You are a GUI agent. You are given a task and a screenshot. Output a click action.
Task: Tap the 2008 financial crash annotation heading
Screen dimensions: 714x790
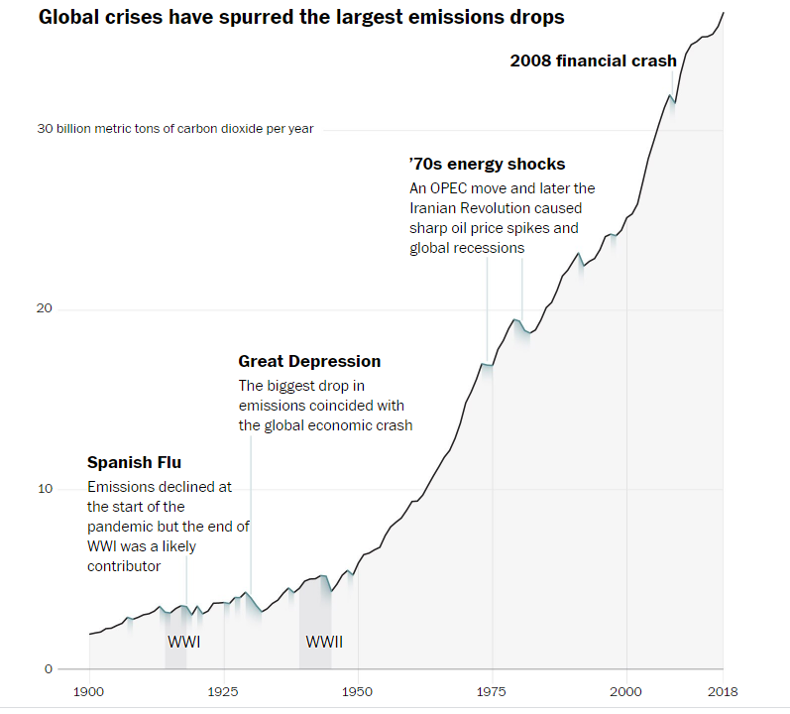[593, 60]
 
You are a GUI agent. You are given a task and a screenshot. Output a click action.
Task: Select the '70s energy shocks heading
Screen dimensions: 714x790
[487, 164]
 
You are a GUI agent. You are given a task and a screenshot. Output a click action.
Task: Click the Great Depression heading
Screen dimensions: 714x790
[309, 361]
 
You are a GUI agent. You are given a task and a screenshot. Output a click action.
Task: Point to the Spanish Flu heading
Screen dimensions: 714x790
[134, 462]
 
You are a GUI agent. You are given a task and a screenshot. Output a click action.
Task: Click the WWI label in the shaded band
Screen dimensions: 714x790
[183, 642]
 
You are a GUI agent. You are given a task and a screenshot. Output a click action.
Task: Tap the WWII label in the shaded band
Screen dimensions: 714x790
[324, 642]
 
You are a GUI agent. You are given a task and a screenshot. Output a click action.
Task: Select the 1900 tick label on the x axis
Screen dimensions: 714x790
[89, 691]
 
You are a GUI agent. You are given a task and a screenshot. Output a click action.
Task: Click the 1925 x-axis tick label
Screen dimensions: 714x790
[223, 691]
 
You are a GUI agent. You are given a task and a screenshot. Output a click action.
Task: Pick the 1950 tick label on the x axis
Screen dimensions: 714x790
[358, 691]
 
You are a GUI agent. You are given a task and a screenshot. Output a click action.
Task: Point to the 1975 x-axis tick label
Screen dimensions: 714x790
[492, 691]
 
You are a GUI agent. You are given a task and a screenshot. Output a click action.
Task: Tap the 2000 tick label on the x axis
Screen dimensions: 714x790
[626, 691]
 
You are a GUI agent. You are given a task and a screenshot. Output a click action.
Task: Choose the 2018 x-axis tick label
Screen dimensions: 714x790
[723, 691]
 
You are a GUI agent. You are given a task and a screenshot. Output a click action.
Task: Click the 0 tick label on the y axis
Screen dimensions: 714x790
[48, 668]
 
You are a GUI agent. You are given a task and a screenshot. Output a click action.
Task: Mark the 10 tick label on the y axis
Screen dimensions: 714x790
[45, 489]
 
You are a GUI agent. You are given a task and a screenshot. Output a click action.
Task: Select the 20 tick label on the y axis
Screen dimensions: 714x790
[45, 309]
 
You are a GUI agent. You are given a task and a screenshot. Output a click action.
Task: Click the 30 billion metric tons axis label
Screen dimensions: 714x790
[175, 129]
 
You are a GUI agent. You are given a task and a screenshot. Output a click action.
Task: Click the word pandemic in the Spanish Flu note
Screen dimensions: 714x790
[119, 527]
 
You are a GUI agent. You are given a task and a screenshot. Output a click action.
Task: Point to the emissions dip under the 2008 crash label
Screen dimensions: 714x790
[673, 101]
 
